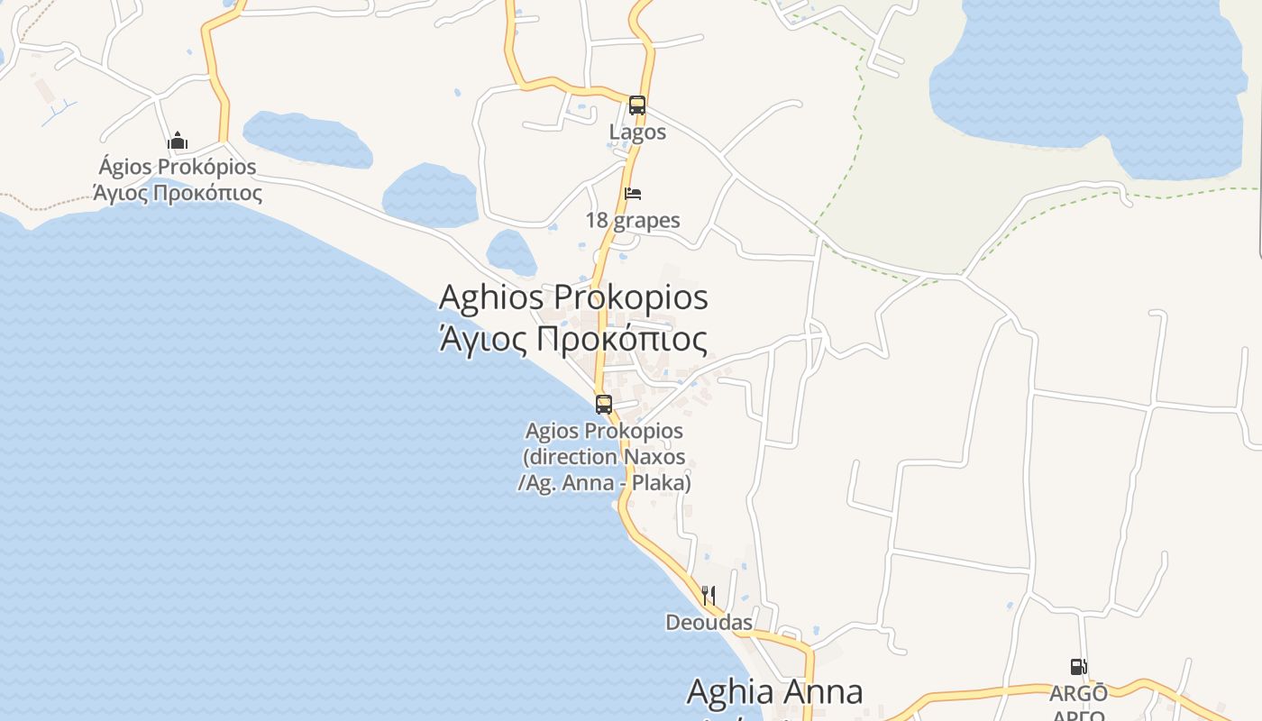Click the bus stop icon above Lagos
click(x=637, y=105)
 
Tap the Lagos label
click(x=637, y=132)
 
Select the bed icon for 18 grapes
click(x=633, y=194)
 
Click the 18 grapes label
click(x=633, y=221)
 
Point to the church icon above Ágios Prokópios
click(x=178, y=141)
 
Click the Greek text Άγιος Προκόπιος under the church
click(x=178, y=193)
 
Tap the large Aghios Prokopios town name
click(x=573, y=297)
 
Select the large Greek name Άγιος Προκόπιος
click(x=573, y=340)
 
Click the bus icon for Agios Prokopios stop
click(x=604, y=405)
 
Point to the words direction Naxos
click(x=604, y=457)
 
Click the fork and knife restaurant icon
click(x=709, y=595)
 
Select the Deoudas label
click(x=709, y=623)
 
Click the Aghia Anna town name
click(x=774, y=692)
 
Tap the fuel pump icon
click(x=1078, y=667)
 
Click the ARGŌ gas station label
click(x=1078, y=694)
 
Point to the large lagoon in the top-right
click(x=1082, y=72)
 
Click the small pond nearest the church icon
click(x=306, y=141)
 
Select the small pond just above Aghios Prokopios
click(x=511, y=252)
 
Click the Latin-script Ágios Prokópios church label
click(x=178, y=168)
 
